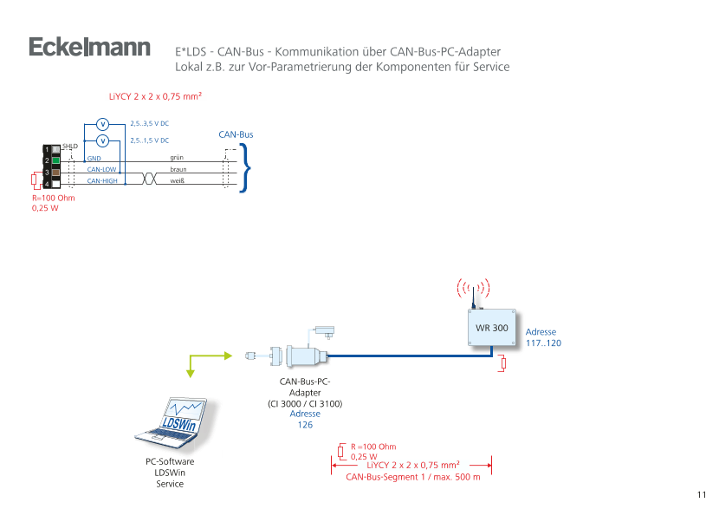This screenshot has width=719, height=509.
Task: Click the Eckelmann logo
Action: pos(89,48)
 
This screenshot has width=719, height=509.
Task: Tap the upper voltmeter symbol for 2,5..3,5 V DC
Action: pos(102,124)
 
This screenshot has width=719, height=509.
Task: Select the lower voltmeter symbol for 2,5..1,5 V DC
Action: pos(102,140)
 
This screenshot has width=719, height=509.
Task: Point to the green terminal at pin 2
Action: pos(55,160)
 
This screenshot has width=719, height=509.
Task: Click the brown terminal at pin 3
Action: pos(55,172)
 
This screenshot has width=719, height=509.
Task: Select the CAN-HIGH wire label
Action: pos(102,180)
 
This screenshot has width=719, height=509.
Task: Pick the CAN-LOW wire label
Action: pos(101,169)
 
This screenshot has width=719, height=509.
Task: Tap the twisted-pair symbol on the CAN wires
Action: pos(148,176)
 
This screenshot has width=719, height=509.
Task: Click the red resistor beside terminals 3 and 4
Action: pos(33,181)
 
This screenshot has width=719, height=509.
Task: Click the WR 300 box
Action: pos(492,329)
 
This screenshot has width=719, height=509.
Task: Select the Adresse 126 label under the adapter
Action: pos(304,420)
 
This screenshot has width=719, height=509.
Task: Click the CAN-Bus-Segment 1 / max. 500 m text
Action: pos(412,476)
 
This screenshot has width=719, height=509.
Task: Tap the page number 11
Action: pos(702,494)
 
